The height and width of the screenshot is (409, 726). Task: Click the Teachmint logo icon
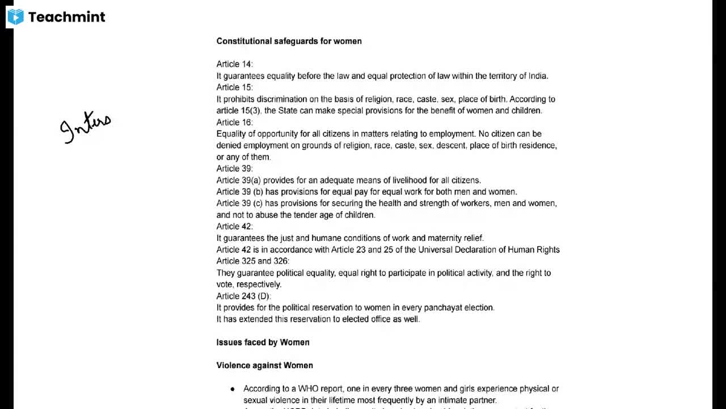tap(15, 17)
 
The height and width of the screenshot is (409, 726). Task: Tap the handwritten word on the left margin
tap(86, 127)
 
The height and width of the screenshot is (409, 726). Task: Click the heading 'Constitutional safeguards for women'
tap(289, 41)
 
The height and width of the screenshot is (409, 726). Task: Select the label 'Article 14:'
tap(234, 64)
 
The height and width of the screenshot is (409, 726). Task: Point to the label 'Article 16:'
tap(234, 122)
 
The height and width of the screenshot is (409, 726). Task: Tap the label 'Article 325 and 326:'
tap(252, 261)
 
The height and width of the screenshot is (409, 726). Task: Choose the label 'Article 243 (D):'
tap(243, 296)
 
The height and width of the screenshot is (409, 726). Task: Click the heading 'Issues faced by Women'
tap(263, 343)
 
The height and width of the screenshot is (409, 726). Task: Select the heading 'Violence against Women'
tap(264, 365)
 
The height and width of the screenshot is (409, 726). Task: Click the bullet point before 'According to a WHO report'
tap(233, 389)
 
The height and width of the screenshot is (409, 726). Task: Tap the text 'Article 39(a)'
tap(238, 180)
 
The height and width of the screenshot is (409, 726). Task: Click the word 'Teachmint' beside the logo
tap(66, 17)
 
